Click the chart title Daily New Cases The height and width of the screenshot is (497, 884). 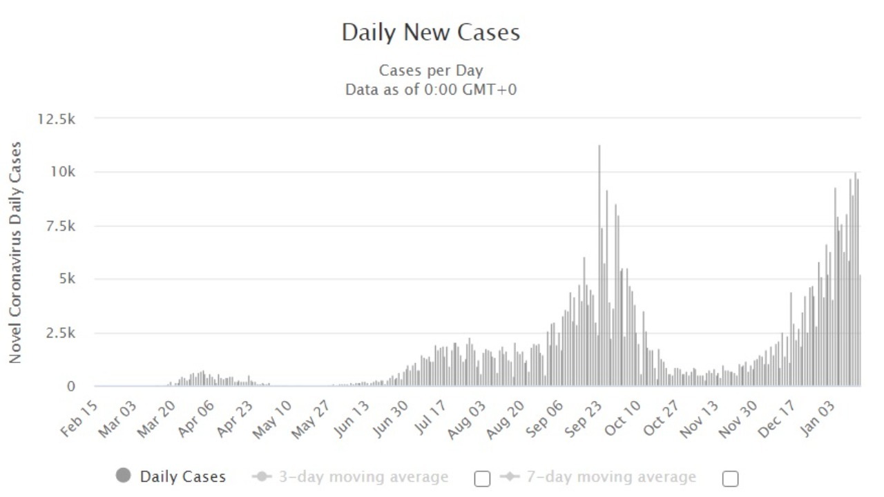(x=430, y=32)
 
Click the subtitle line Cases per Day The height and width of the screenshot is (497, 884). (x=431, y=70)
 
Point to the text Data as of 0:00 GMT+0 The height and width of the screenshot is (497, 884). (x=431, y=89)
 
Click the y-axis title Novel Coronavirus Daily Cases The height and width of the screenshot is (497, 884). (x=15, y=253)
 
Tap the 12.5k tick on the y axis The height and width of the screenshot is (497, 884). (x=57, y=119)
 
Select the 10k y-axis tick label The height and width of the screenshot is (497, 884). (x=63, y=172)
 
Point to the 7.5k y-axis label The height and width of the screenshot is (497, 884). (x=60, y=226)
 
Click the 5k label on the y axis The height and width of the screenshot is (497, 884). (x=66, y=280)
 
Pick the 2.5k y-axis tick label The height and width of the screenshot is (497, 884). (x=60, y=333)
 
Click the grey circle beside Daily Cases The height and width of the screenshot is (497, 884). (x=124, y=476)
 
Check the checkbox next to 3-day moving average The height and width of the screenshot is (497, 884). (x=483, y=478)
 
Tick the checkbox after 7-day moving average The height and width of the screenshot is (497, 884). (x=730, y=478)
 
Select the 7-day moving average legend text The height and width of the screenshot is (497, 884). (x=611, y=477)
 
